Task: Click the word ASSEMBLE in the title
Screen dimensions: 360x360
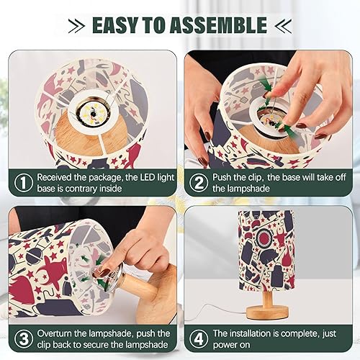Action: coord(223,25)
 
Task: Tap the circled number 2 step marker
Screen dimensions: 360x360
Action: coord(199,182)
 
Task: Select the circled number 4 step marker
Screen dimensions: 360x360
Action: coord(199,338)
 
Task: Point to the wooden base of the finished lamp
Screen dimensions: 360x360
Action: coord(269,310)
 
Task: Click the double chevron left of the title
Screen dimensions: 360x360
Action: coord(76,26)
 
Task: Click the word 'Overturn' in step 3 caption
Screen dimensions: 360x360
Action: coord(58,333)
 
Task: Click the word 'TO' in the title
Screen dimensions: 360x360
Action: coord(164,25)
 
